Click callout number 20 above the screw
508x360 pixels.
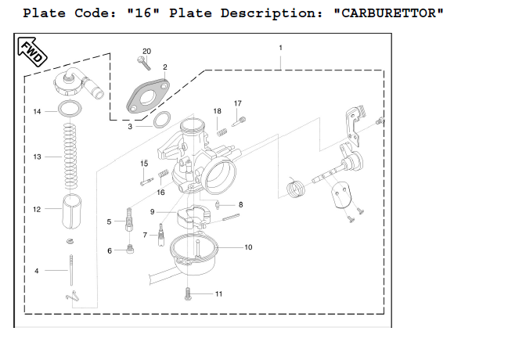coord(146,52)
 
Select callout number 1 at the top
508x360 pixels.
coord(280,49)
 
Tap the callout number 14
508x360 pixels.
coord(37,112)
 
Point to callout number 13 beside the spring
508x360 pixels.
coord(37,157)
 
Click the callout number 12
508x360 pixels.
coord(37,210)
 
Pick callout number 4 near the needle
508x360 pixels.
coord(36,271)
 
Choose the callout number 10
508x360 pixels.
coord(248,247)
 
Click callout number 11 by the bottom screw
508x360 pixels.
coord(218,294)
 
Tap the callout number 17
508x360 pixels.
coord(238,103)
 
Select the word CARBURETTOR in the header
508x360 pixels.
coord(388,14)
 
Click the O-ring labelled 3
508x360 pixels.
coord(162,120)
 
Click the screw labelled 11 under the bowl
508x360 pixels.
coord(189,294)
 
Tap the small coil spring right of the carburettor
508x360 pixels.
coord(294,189)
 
